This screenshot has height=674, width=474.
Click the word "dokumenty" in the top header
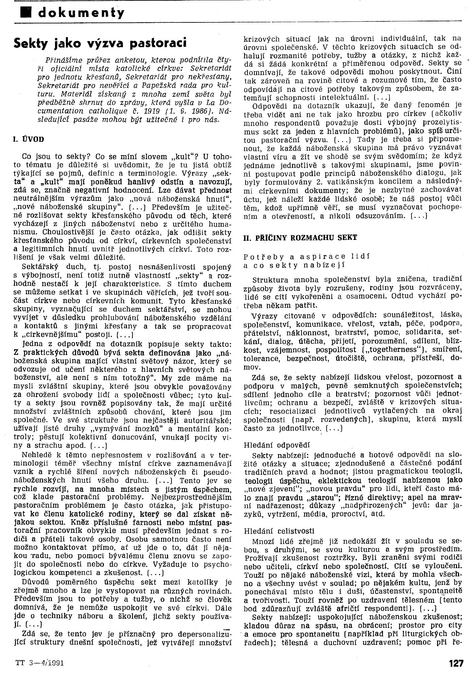(81, 13)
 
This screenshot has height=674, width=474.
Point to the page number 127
(456, 661)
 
